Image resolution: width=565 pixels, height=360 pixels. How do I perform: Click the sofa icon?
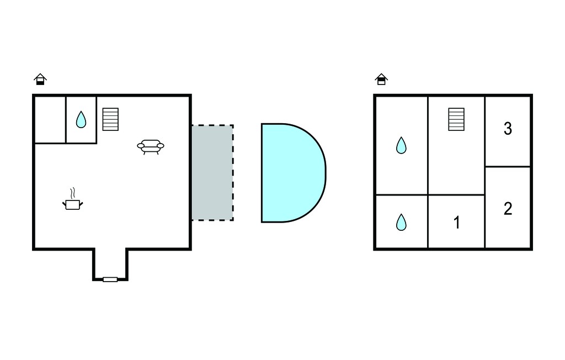point(151,147)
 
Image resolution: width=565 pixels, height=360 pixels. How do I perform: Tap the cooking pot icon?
point(73,204)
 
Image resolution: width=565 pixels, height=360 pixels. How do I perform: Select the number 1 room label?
point(456,223)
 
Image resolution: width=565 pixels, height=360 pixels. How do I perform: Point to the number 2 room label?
point(508,209)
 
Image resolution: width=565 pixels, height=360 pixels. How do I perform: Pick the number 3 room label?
point(508,129)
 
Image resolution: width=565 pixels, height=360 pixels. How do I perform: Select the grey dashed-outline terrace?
point(212,173)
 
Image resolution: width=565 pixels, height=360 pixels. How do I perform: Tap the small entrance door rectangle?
point(110,279)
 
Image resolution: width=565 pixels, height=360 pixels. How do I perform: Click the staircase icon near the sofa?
point(110,119)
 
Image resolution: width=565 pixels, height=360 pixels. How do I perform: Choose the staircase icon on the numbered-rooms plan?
point(456,119)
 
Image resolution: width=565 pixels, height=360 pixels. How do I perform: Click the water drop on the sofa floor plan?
point(81,119)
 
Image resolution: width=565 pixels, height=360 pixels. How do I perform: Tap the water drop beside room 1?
point(401,222)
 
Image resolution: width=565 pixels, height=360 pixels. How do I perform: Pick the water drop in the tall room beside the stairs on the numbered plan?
point(401,145)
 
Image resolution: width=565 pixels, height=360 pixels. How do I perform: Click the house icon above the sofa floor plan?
point(40,79)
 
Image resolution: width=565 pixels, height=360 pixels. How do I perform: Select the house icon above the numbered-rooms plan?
point(381,79)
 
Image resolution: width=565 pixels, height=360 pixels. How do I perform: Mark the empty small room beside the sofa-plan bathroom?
point(50,120)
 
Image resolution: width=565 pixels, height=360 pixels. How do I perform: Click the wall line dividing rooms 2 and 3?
point(508,167)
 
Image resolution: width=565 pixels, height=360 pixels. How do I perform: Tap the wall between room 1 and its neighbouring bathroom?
point(428,222)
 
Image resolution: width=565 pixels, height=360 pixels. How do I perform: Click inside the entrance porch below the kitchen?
point(110,263)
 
